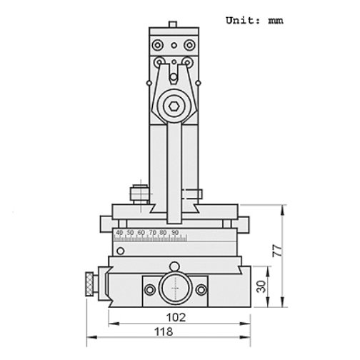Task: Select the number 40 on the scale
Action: [x=119, y=233]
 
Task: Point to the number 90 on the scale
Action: [x=174, y=233]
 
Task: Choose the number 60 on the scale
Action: [x=141, y=233]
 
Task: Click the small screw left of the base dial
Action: [x=149, y=289]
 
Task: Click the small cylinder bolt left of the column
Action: [x=138, y=194]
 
